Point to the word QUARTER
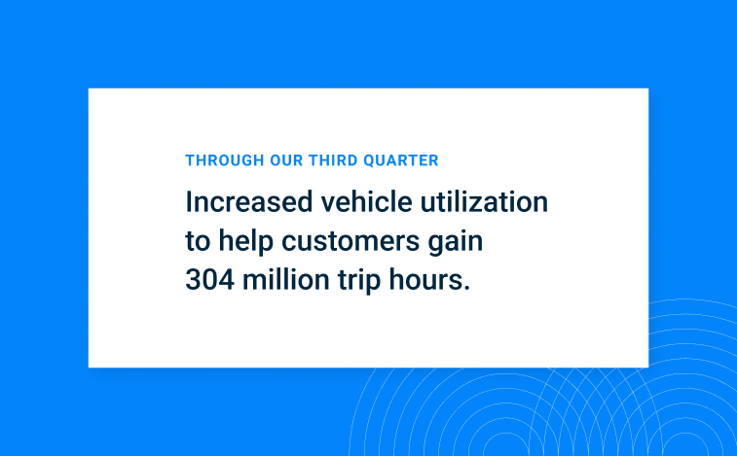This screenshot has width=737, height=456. coord(399,160)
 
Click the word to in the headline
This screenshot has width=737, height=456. coord(198,242)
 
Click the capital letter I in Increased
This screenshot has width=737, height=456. coord(189,202)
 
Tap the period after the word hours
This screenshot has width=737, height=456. coord(466,290)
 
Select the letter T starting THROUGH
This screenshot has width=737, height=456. coord(189,160)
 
